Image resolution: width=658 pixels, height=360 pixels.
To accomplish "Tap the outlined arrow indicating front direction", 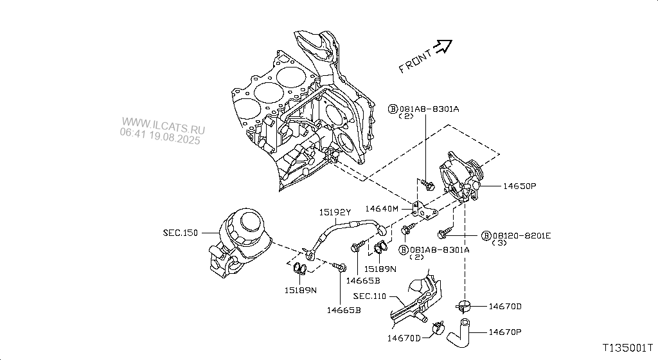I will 443,45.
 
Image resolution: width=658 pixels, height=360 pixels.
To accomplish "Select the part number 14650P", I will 519,186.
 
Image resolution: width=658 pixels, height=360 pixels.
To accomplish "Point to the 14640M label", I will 382,208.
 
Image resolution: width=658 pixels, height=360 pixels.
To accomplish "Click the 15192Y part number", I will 336,212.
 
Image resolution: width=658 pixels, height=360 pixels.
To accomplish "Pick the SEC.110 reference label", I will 369,296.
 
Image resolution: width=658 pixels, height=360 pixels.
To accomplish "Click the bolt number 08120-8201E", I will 522,236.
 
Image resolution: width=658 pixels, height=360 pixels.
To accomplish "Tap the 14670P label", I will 505,332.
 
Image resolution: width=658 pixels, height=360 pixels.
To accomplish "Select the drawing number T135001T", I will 627,348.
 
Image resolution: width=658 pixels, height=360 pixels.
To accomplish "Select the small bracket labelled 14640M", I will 425,210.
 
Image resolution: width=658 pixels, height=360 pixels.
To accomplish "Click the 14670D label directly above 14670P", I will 505,307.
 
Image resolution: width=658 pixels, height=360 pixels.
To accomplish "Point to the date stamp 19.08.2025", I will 175,139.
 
